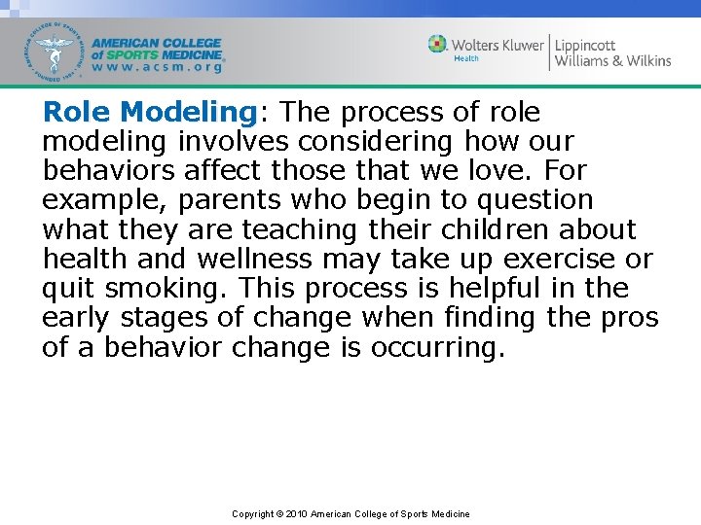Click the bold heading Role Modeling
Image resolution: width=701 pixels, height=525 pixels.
148,113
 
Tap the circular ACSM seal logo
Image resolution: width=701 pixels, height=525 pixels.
56,50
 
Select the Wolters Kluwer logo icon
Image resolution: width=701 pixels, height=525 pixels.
438,44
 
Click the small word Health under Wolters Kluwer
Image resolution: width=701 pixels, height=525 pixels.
466,59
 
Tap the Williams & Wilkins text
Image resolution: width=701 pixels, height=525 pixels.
612,61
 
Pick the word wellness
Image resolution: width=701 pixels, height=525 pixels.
255,260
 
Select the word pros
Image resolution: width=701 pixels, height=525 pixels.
636,318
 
